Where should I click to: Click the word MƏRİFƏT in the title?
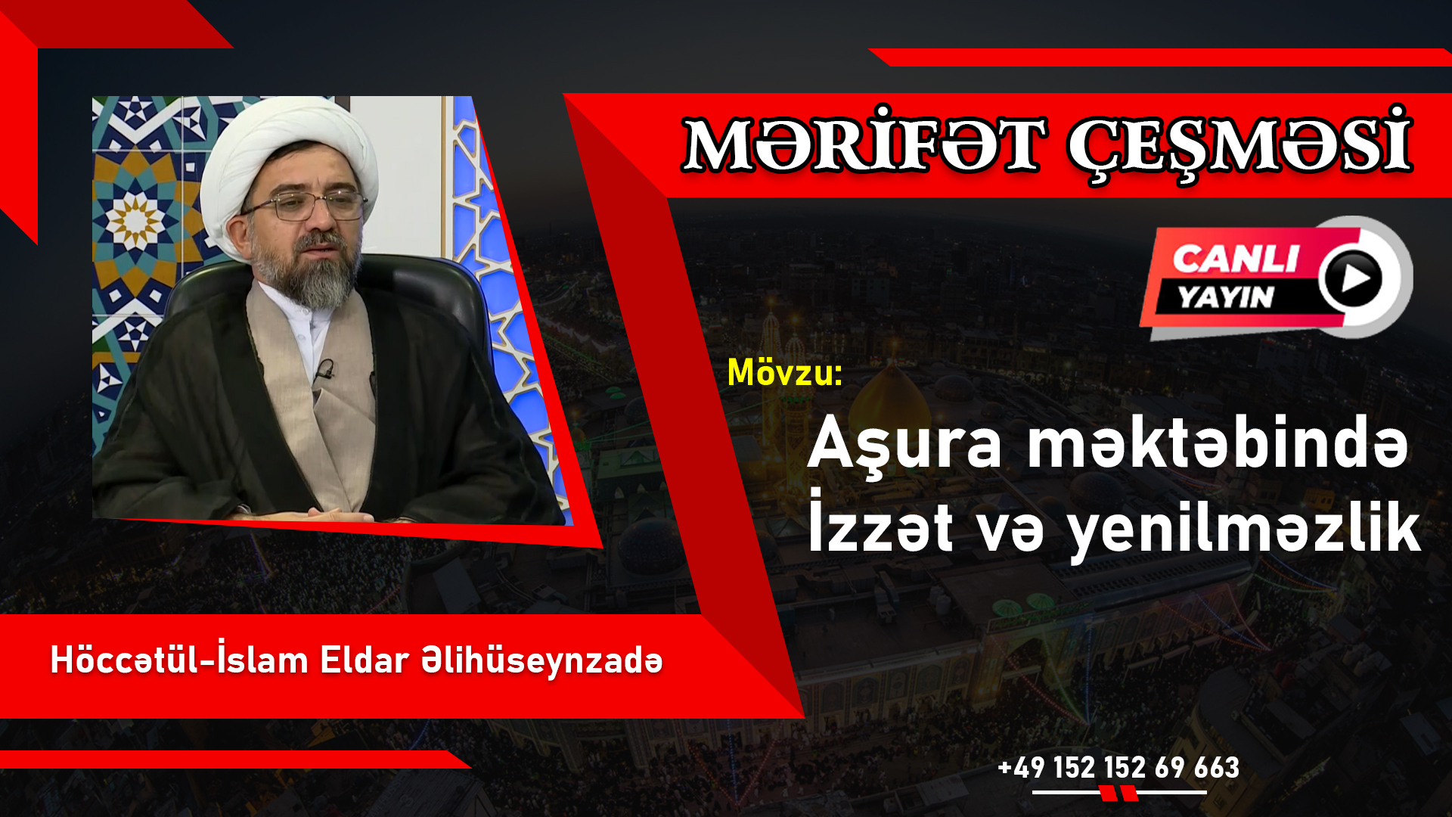pyautogui.click(x=864, y=144)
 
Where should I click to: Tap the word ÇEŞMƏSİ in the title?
pyautogui.click(x=1239, y=144)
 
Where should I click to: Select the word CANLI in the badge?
pyautogui.click(x=1236, y=259)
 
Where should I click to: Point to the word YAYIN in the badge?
pyautogui.click(x=1226, y=297)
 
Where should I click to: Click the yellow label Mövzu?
pyautogui.click(x=784, y=372)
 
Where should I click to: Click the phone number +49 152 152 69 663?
pyautogui.click(x=1118, y=767)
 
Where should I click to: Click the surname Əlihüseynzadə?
pyautogui.click(x=542, y=661)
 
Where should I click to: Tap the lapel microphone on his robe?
pyautogui.click(x=325, y=370)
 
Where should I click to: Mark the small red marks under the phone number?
pyautogui.click(x=1118, y=794)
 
